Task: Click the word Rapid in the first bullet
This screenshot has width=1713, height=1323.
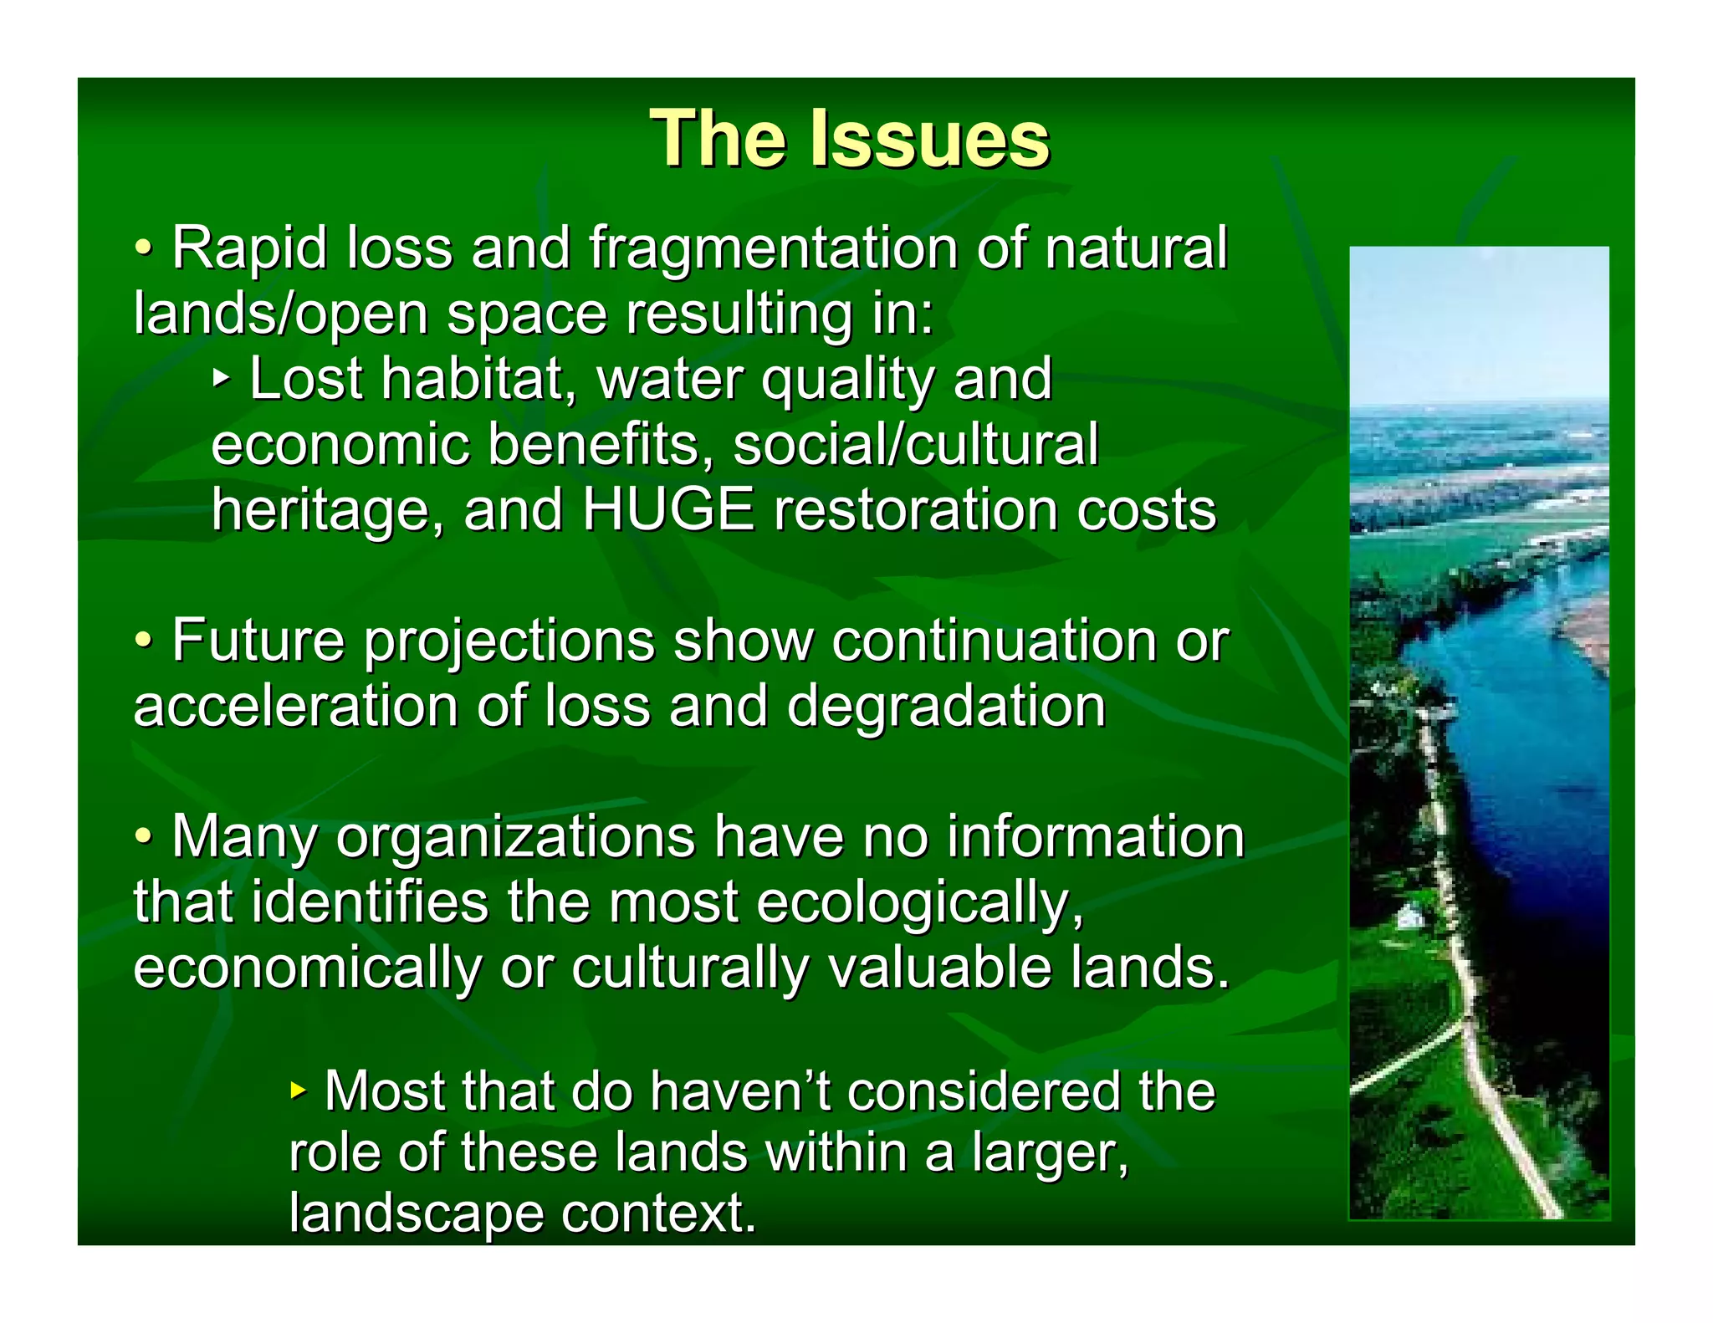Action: tap(249, 249)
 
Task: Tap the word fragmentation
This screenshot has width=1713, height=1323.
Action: tap(773, 249)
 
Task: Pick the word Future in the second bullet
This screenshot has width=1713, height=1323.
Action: tap(258, 641)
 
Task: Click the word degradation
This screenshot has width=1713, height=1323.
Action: tap(947, 706)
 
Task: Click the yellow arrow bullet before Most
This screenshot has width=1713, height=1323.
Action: tap(298, 1091)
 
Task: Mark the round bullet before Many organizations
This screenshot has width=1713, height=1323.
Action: tap(144, 835)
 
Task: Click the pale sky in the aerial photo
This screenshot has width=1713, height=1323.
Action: tap(1479, 326)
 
